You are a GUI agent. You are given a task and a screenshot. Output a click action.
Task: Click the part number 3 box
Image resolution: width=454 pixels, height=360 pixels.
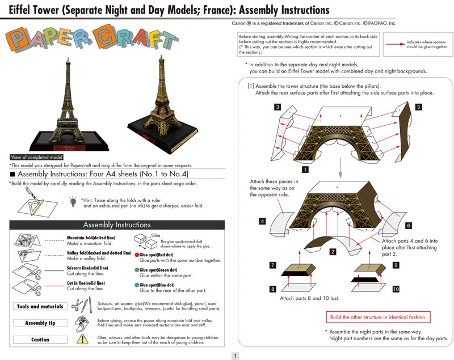click(277, 107)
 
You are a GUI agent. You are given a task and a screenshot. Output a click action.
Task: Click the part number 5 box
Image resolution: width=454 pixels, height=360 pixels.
click(418, 107)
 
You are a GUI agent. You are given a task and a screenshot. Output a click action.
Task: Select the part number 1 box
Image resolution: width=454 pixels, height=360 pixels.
click(305, 169)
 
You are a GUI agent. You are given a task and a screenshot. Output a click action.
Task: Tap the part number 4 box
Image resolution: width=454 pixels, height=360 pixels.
click(262, 221)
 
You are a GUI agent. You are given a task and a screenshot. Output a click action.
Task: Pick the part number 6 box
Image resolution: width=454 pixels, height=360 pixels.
click(409, 225)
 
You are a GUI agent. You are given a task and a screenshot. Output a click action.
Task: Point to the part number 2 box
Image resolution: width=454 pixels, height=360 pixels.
click(333, 251)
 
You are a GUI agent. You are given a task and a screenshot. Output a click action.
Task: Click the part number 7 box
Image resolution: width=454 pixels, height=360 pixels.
click(273, 265)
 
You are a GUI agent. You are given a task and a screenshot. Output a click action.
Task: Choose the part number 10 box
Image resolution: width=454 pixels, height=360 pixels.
click(396, 289)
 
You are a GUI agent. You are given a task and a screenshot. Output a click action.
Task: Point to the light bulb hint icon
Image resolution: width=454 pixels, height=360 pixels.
click(73, 201)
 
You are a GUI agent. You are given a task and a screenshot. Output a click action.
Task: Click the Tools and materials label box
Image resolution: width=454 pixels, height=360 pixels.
click(40, 307)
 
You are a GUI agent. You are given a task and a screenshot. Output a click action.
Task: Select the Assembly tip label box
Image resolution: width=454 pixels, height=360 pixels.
click(40, 323)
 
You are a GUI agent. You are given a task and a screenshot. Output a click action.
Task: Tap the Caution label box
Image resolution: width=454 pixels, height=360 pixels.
click(40, 340)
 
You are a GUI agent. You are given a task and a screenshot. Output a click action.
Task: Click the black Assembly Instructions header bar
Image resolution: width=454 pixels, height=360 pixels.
click(117, 225)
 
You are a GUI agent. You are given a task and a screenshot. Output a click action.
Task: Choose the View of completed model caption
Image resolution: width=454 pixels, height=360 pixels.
click(37, 157)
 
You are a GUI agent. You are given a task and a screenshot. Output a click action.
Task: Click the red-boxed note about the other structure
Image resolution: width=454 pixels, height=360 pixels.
click(379, 317)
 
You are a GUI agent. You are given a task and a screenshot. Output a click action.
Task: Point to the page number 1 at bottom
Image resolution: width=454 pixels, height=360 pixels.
click(236, 356)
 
